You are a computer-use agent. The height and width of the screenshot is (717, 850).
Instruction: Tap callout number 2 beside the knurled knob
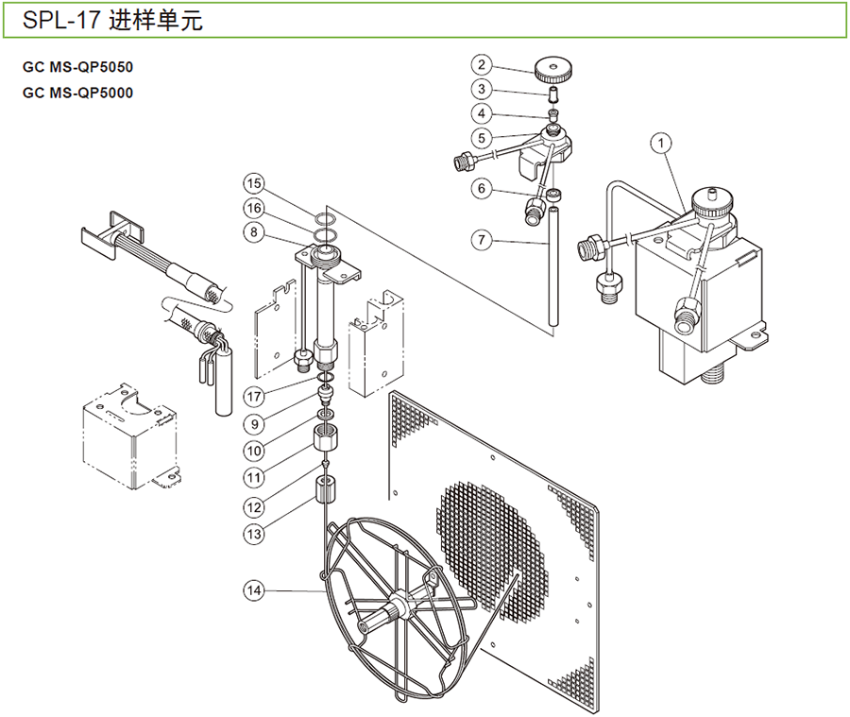tap(482, 64)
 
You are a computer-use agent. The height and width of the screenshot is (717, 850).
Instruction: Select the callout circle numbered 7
tap(482, 240)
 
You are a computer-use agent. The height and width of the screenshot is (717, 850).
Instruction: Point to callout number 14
tap(252, 590)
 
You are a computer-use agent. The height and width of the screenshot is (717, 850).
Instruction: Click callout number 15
tap(252, 182)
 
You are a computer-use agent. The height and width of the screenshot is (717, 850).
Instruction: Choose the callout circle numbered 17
tap(252, 395)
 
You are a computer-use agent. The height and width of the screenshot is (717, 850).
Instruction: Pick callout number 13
tap(252, 533)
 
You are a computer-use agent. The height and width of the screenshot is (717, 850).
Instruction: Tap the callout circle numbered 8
tap(252, 231)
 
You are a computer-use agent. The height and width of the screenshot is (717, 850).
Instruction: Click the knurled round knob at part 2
tap(554, 68)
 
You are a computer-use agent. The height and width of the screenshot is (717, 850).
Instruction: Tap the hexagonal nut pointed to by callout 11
tap(325, 439)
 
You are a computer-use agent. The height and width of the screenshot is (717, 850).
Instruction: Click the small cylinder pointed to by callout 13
tap(325, 490)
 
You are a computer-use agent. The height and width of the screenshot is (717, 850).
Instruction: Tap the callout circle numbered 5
tap(482, 137)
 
